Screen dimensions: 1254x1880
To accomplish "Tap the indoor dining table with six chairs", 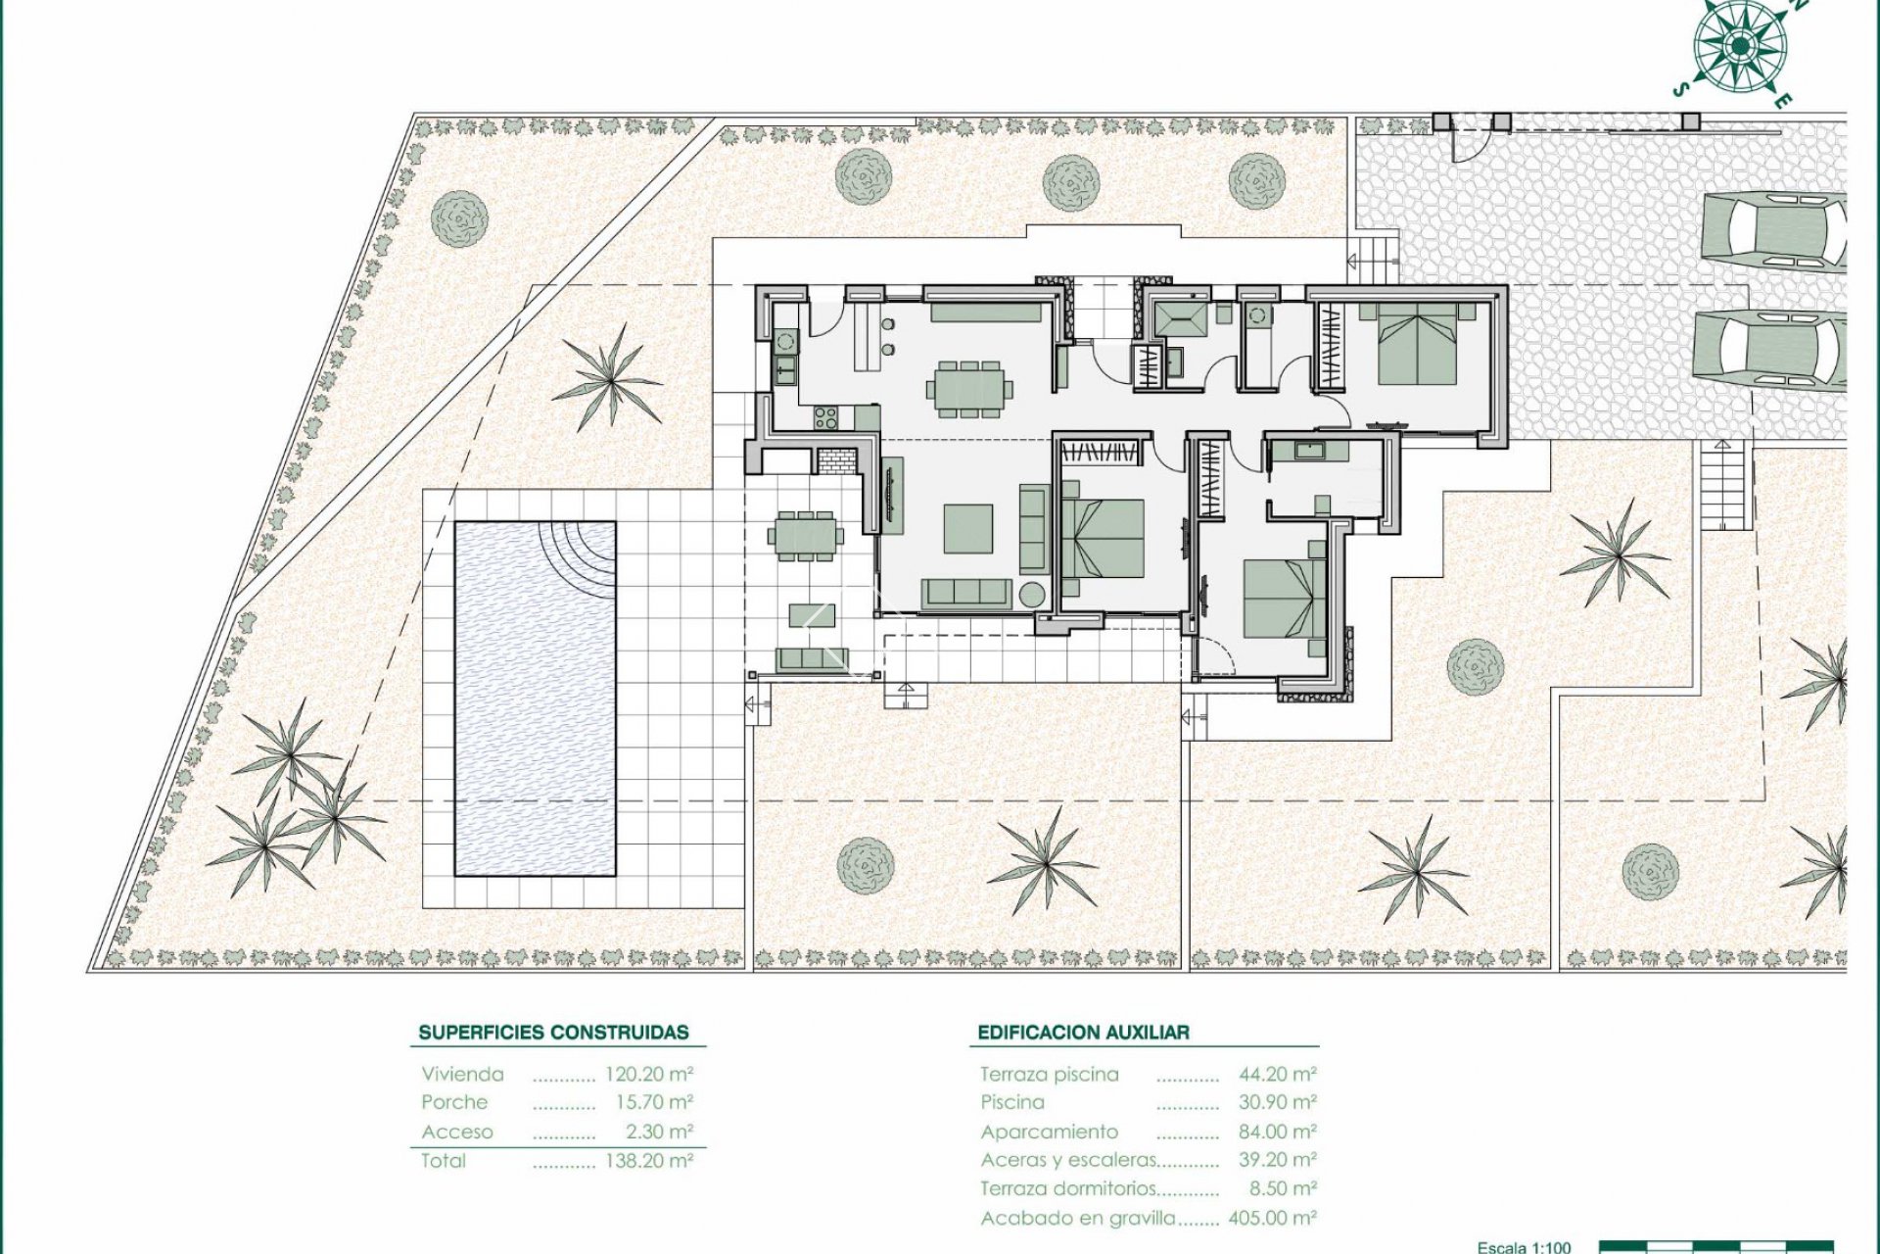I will [x=968, y=388].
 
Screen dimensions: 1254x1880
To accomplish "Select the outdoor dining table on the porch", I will [x=805, y=536].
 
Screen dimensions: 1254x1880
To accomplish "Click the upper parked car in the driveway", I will [x=1773, y=231].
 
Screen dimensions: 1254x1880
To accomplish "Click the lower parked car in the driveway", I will [x=1769, y=350].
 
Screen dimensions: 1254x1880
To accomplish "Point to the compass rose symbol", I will [x=1739, y=45].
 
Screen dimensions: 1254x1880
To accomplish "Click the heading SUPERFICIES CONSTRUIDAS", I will [x=553, y=1032].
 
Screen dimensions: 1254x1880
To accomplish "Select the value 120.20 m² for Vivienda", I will [x=649, y=1074].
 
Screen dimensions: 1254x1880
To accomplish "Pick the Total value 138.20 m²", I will [x=649, y=1161].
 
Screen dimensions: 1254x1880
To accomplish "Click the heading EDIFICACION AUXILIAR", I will [x=1083, y=1032].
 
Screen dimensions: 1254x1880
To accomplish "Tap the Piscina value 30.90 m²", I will [x=1277, y=1102].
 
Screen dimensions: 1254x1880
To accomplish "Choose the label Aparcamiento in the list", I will [x=1049, y=1132].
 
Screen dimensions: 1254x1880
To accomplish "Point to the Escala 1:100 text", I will [x=1524, y=1246].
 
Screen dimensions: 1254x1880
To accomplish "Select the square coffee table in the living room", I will [x=967, y=528].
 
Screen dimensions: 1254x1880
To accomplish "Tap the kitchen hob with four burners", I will [x=825, y=418].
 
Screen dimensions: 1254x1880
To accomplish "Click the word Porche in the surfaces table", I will [x=454, y=1102].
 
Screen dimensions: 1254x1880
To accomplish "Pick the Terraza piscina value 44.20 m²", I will [x=1277, y=1074].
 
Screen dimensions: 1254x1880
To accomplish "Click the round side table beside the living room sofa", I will [x=1031, y=595].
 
